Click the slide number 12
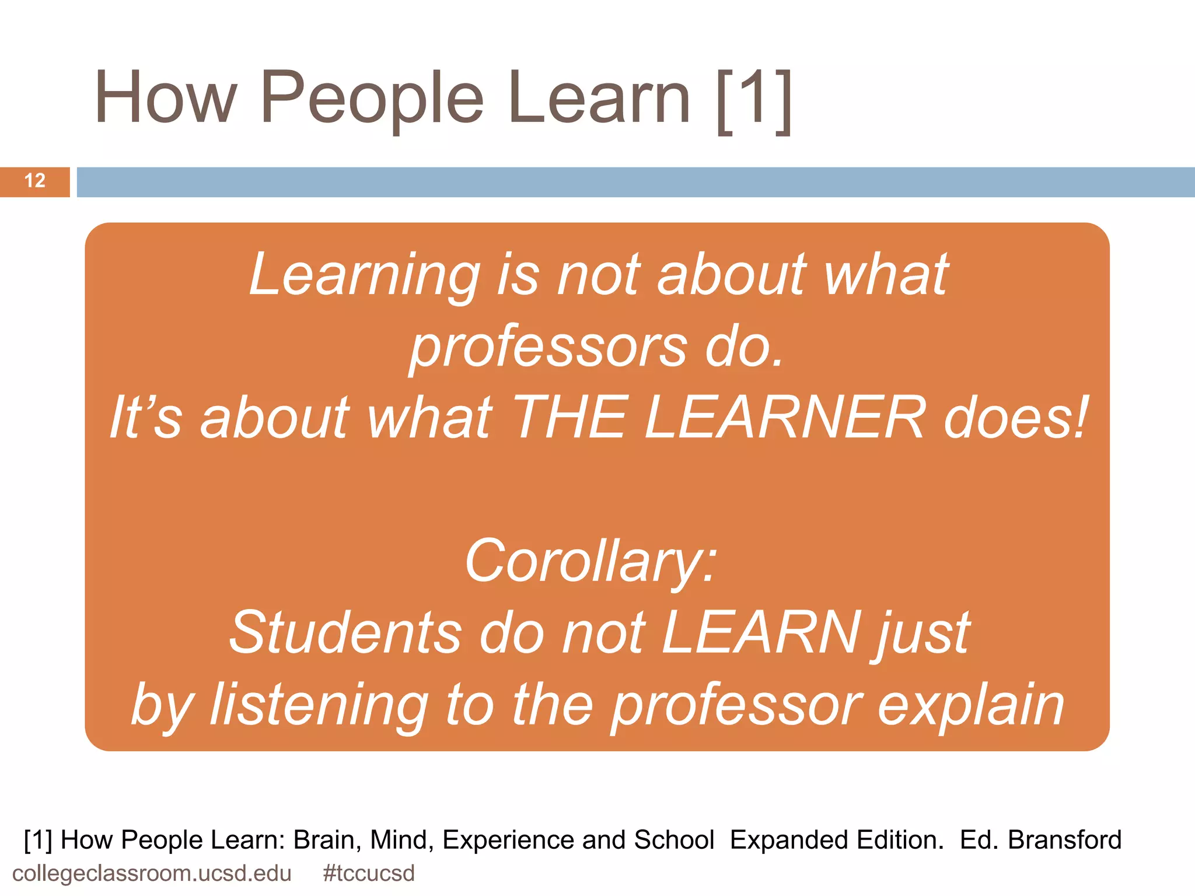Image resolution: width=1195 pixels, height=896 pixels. click(x=35, y=181)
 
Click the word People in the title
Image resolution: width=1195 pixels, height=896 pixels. click(x=372, y=98)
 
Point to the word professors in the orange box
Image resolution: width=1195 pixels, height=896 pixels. click(x=548, y=347)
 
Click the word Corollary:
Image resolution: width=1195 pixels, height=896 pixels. click(x=590, y=561)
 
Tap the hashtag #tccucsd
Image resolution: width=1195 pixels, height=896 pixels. click(x=369, y=873)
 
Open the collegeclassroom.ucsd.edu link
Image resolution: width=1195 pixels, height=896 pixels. click(x=152, y=873)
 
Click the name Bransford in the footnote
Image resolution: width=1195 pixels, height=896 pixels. click(x=1064, y=840)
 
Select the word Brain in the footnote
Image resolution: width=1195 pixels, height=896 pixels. click(x=327, y=840)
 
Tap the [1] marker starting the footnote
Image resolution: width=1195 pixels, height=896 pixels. click(x=38, y=840)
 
